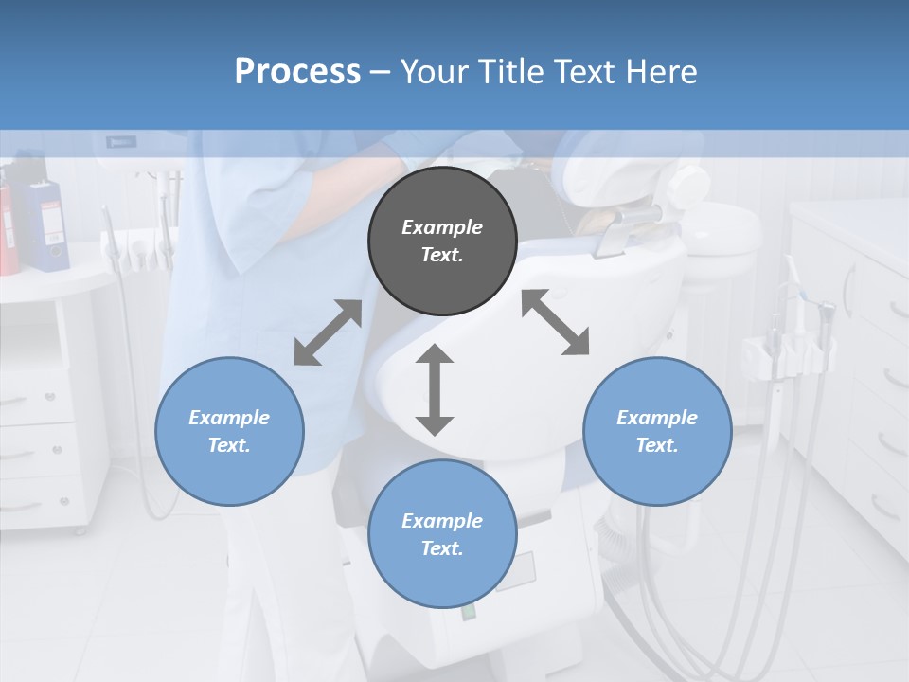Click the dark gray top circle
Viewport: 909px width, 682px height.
tap(442, 241)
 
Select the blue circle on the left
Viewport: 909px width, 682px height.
tap(229, 431)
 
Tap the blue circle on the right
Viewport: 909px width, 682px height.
tap(657, 431)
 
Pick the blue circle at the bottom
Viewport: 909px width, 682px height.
tap(442, 534)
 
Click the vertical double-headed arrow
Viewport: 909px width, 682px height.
tap(435, 389)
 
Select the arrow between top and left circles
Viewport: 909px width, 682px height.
tap(328, 332)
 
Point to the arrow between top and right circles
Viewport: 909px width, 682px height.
tap(555, 322)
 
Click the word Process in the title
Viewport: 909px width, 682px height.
tap(297, 71)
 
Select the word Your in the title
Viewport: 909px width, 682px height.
tap(434, 71)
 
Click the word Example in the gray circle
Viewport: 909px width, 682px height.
tap(442, 227)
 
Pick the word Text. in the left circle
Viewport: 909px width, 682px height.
tap(229, 445)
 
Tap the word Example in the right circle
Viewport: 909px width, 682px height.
tap(657, 418)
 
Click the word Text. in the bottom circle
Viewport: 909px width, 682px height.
tap(442, 548)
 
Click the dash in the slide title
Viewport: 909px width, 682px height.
tap(380, 72)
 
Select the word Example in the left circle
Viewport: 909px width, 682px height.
tap(229, 418)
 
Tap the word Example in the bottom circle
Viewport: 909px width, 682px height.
tap(442, 521)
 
